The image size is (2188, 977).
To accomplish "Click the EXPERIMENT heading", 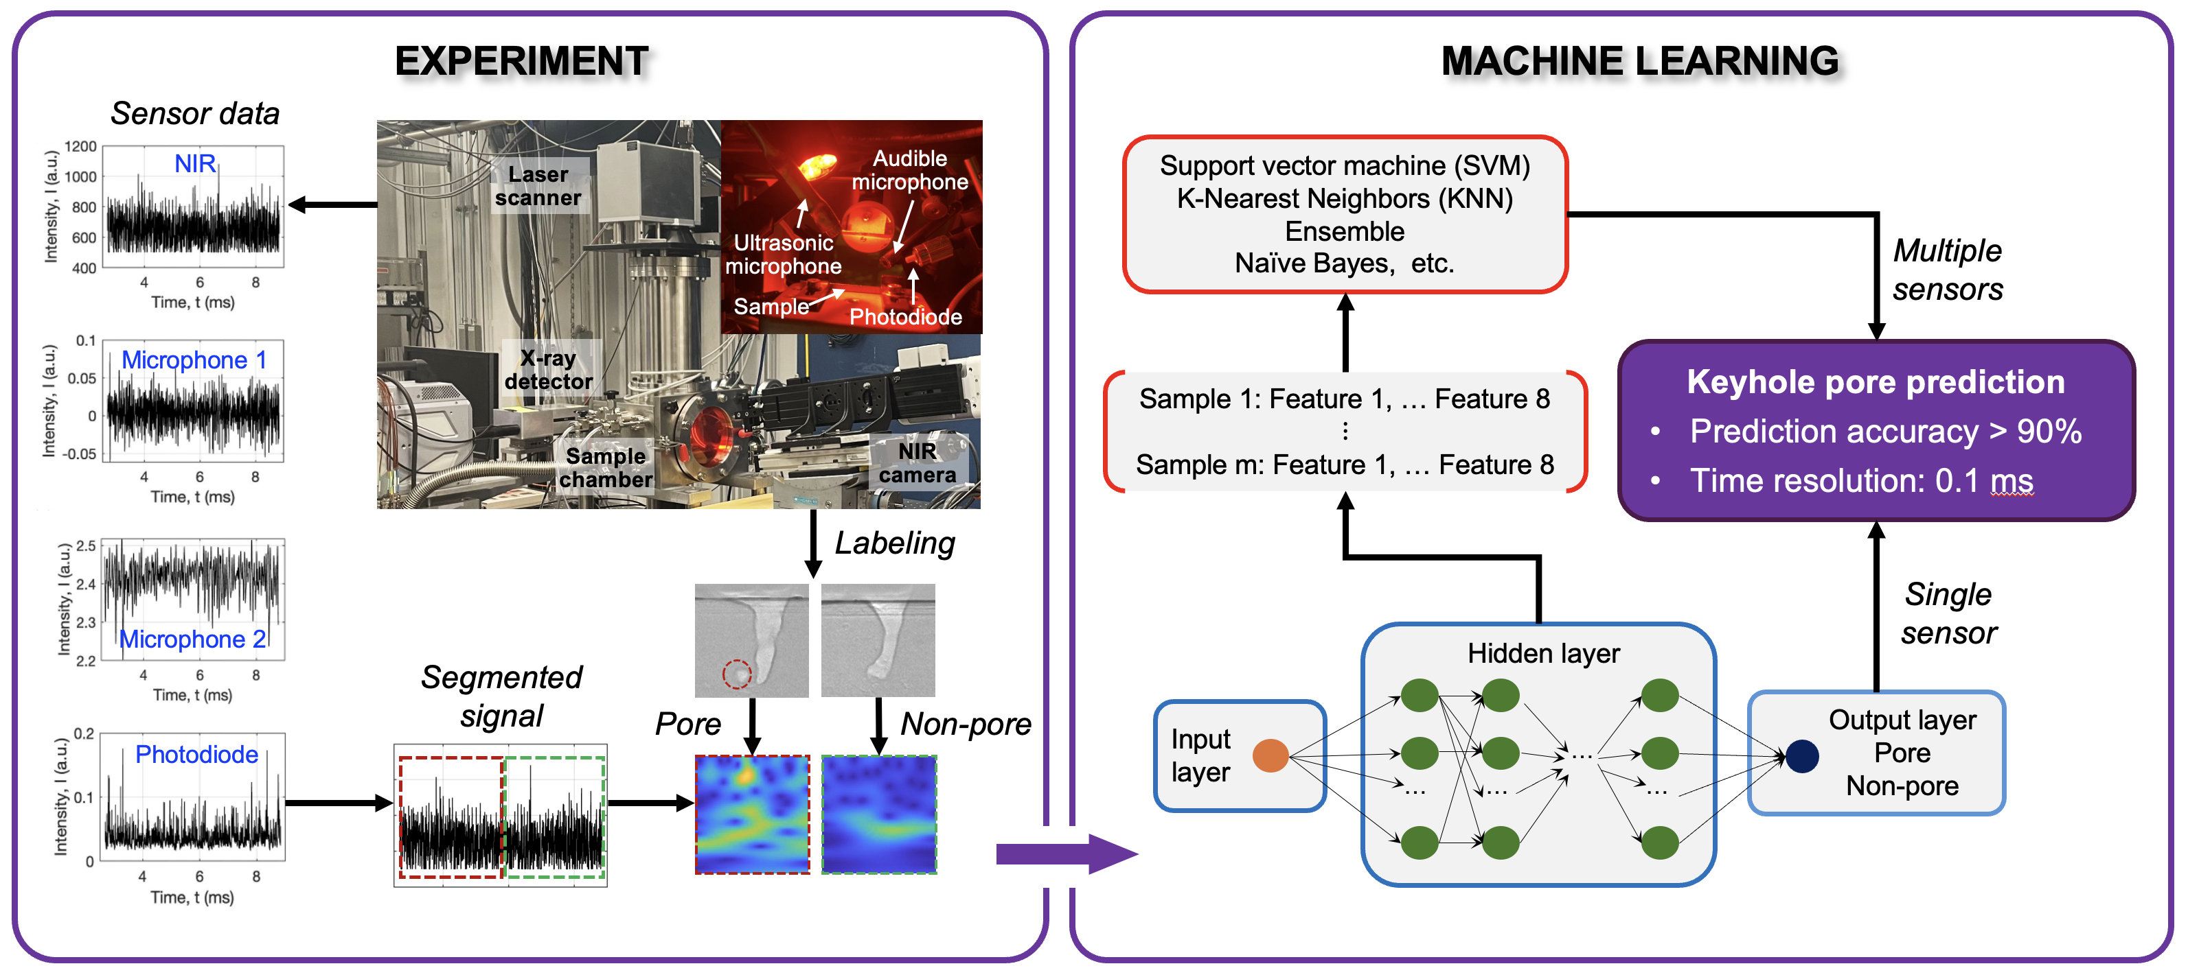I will coord(521,62).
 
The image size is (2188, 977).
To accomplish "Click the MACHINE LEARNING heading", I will coord(1639,62).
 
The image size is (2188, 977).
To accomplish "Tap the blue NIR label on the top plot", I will coord(194,163).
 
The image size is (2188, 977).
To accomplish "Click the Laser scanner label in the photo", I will coord(538,186).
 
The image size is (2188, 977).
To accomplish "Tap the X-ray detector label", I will coord(548,369).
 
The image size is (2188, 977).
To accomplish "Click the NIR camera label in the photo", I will coord(918,462).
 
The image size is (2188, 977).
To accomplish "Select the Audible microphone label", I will coord(910,169).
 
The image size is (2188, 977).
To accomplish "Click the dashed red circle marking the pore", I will coord(736,673).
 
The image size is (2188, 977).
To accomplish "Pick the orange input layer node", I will coord(1270,755).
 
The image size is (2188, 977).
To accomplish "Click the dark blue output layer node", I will coord(1801,755).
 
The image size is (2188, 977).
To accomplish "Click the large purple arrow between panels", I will coord(1066,853).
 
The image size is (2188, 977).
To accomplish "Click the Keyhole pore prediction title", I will coord(1875,382).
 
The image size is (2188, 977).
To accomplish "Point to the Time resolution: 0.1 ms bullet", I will coord(1860,480).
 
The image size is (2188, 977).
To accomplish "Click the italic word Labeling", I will coord(894,543).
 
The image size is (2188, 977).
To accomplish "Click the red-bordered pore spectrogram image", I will coord(752,815).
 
